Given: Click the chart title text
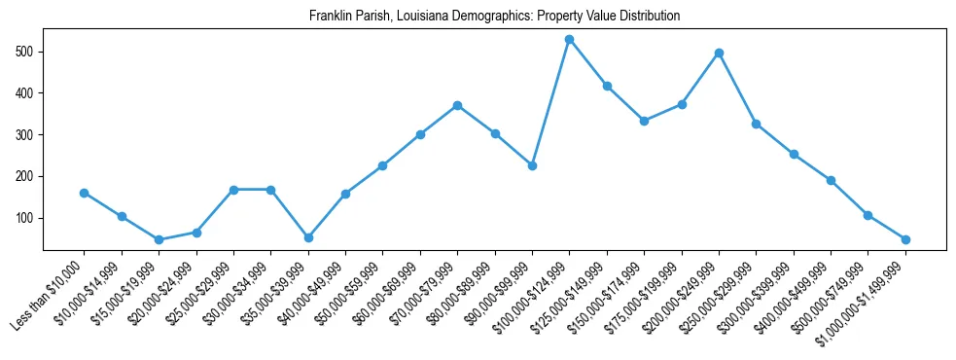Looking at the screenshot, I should click(494, 17).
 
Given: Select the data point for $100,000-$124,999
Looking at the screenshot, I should click(569, 39).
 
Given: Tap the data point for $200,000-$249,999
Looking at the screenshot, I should click(719, 53).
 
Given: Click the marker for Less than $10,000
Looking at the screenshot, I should click(85, 193).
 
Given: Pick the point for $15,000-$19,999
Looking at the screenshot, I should click(159, 239).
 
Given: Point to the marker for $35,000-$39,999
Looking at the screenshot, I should click(308, 237).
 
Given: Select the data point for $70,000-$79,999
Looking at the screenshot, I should click(457, 105).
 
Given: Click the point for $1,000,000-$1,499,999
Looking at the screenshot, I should click(905, 239).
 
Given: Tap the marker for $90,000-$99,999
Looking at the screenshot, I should click(532, 165).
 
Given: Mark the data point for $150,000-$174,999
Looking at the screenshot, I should click(644, 121).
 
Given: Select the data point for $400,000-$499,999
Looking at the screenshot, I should click(831, 180).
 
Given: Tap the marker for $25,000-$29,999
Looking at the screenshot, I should click(233, 189).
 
